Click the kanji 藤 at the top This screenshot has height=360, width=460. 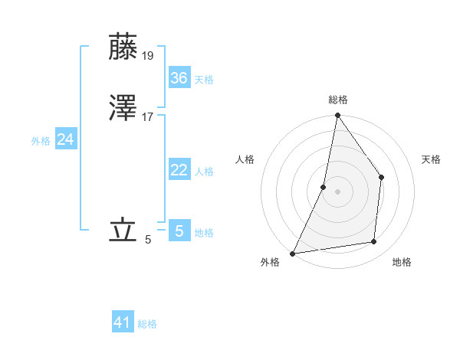[123, 47]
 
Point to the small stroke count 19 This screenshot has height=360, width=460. [149, 55]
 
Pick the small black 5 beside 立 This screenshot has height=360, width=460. [148, 239]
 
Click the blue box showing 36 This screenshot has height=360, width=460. [179, 77]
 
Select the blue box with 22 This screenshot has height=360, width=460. [179, 170]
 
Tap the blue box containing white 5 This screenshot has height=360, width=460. [179, 231]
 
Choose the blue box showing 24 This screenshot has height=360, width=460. [66, 139]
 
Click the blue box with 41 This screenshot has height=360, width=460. [123, 322]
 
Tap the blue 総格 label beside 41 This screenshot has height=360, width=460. [147, 324]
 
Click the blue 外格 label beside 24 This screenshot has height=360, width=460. [41, 141]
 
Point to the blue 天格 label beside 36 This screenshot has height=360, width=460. [204, 80]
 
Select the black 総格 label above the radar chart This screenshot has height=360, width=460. [337, 100]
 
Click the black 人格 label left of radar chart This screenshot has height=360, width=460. [245, 159]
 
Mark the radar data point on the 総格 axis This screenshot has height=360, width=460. [337, 116]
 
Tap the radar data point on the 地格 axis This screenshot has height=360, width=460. [374, 241]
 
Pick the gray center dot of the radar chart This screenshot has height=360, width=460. [337, 191]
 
